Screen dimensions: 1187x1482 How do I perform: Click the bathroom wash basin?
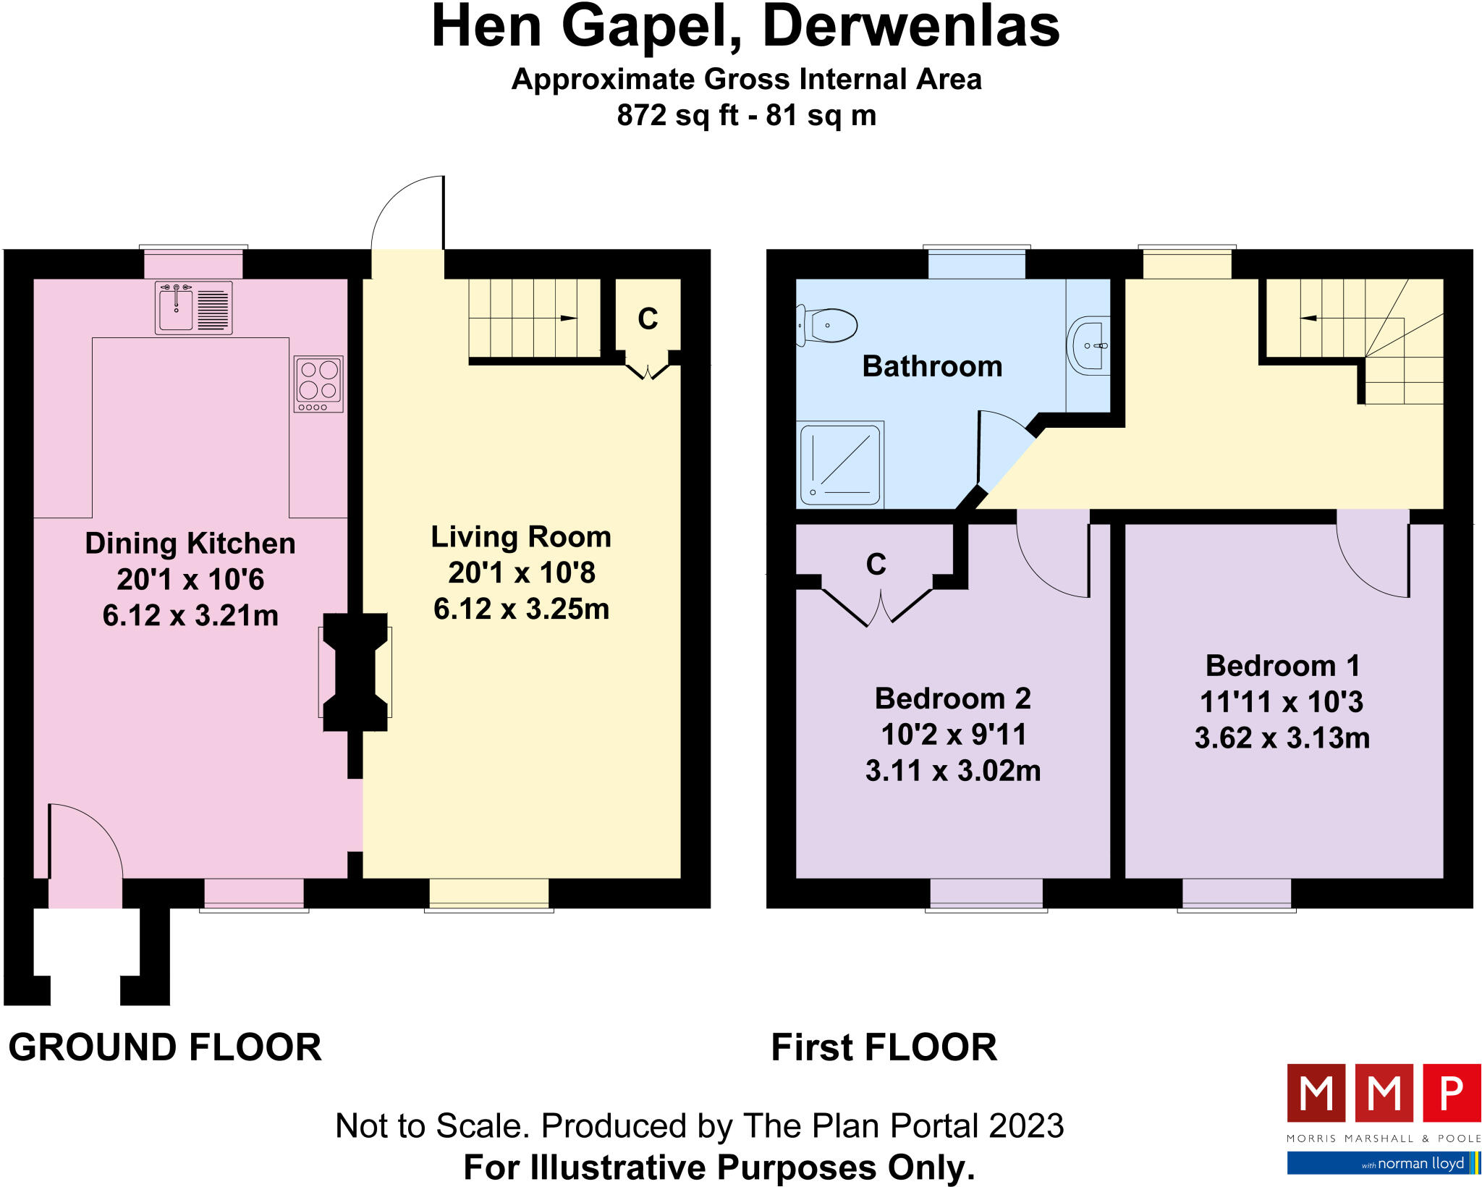coord(1088,345)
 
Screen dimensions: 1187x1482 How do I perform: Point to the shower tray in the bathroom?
coord(839,464)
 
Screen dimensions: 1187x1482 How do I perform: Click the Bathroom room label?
coord(932,366)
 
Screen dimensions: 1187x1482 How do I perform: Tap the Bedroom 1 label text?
coord(1282,665)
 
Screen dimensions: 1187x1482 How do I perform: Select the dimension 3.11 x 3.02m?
coord(953,770)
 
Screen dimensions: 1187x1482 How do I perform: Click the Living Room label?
coord(521,537)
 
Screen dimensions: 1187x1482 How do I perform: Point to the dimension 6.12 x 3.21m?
coord(190,615)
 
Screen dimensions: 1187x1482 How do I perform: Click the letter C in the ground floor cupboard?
coord(648,318)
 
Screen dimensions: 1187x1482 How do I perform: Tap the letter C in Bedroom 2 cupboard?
coord(876,564)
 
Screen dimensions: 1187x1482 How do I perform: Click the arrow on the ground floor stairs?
coord(569,318)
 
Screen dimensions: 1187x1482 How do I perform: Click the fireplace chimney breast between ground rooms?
coord(355,672)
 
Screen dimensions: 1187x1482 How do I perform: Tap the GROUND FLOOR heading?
coord(165,1047)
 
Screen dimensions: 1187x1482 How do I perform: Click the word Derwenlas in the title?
coord(911,28)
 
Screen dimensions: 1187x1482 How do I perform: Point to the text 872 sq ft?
coord(677,115)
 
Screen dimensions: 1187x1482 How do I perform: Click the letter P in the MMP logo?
coord(1451,1093)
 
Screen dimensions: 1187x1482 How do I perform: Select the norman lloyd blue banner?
coord(1382,1163)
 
